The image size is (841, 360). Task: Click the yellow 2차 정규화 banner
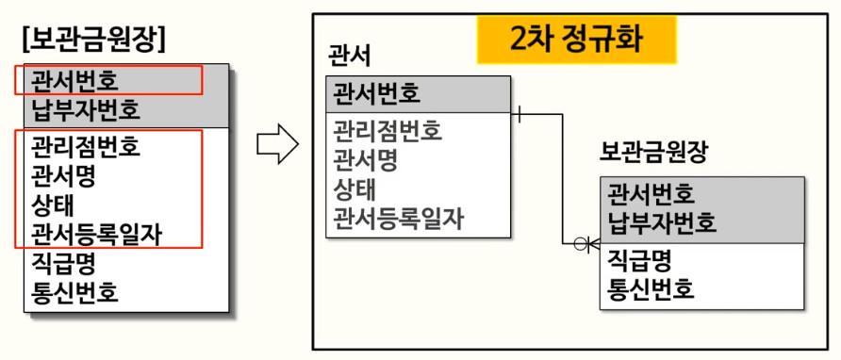[x=577, y=40]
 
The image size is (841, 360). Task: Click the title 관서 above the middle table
[x=349, y=57]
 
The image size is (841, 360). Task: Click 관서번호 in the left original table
[x=74, y=82]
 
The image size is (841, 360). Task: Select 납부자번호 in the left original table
[x=86, y=110]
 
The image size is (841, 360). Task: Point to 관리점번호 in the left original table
[x=86, y=146]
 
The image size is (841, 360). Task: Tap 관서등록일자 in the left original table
[x=96, y=235]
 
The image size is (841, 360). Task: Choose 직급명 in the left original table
[x=63, y=264]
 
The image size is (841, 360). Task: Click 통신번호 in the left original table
[x=74, y=293]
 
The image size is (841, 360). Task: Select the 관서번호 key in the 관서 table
[x=376, y=94]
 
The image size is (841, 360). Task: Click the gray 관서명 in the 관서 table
[x=365, y=160]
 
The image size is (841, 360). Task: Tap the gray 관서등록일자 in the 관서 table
[x=399, y=220]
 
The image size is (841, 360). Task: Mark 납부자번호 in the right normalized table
[x=662, y=222]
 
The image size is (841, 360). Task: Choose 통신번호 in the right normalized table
[x=651, y=288]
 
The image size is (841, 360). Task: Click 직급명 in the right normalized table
[x=639, y=260]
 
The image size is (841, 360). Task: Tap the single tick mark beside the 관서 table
[x=519, y=114]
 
